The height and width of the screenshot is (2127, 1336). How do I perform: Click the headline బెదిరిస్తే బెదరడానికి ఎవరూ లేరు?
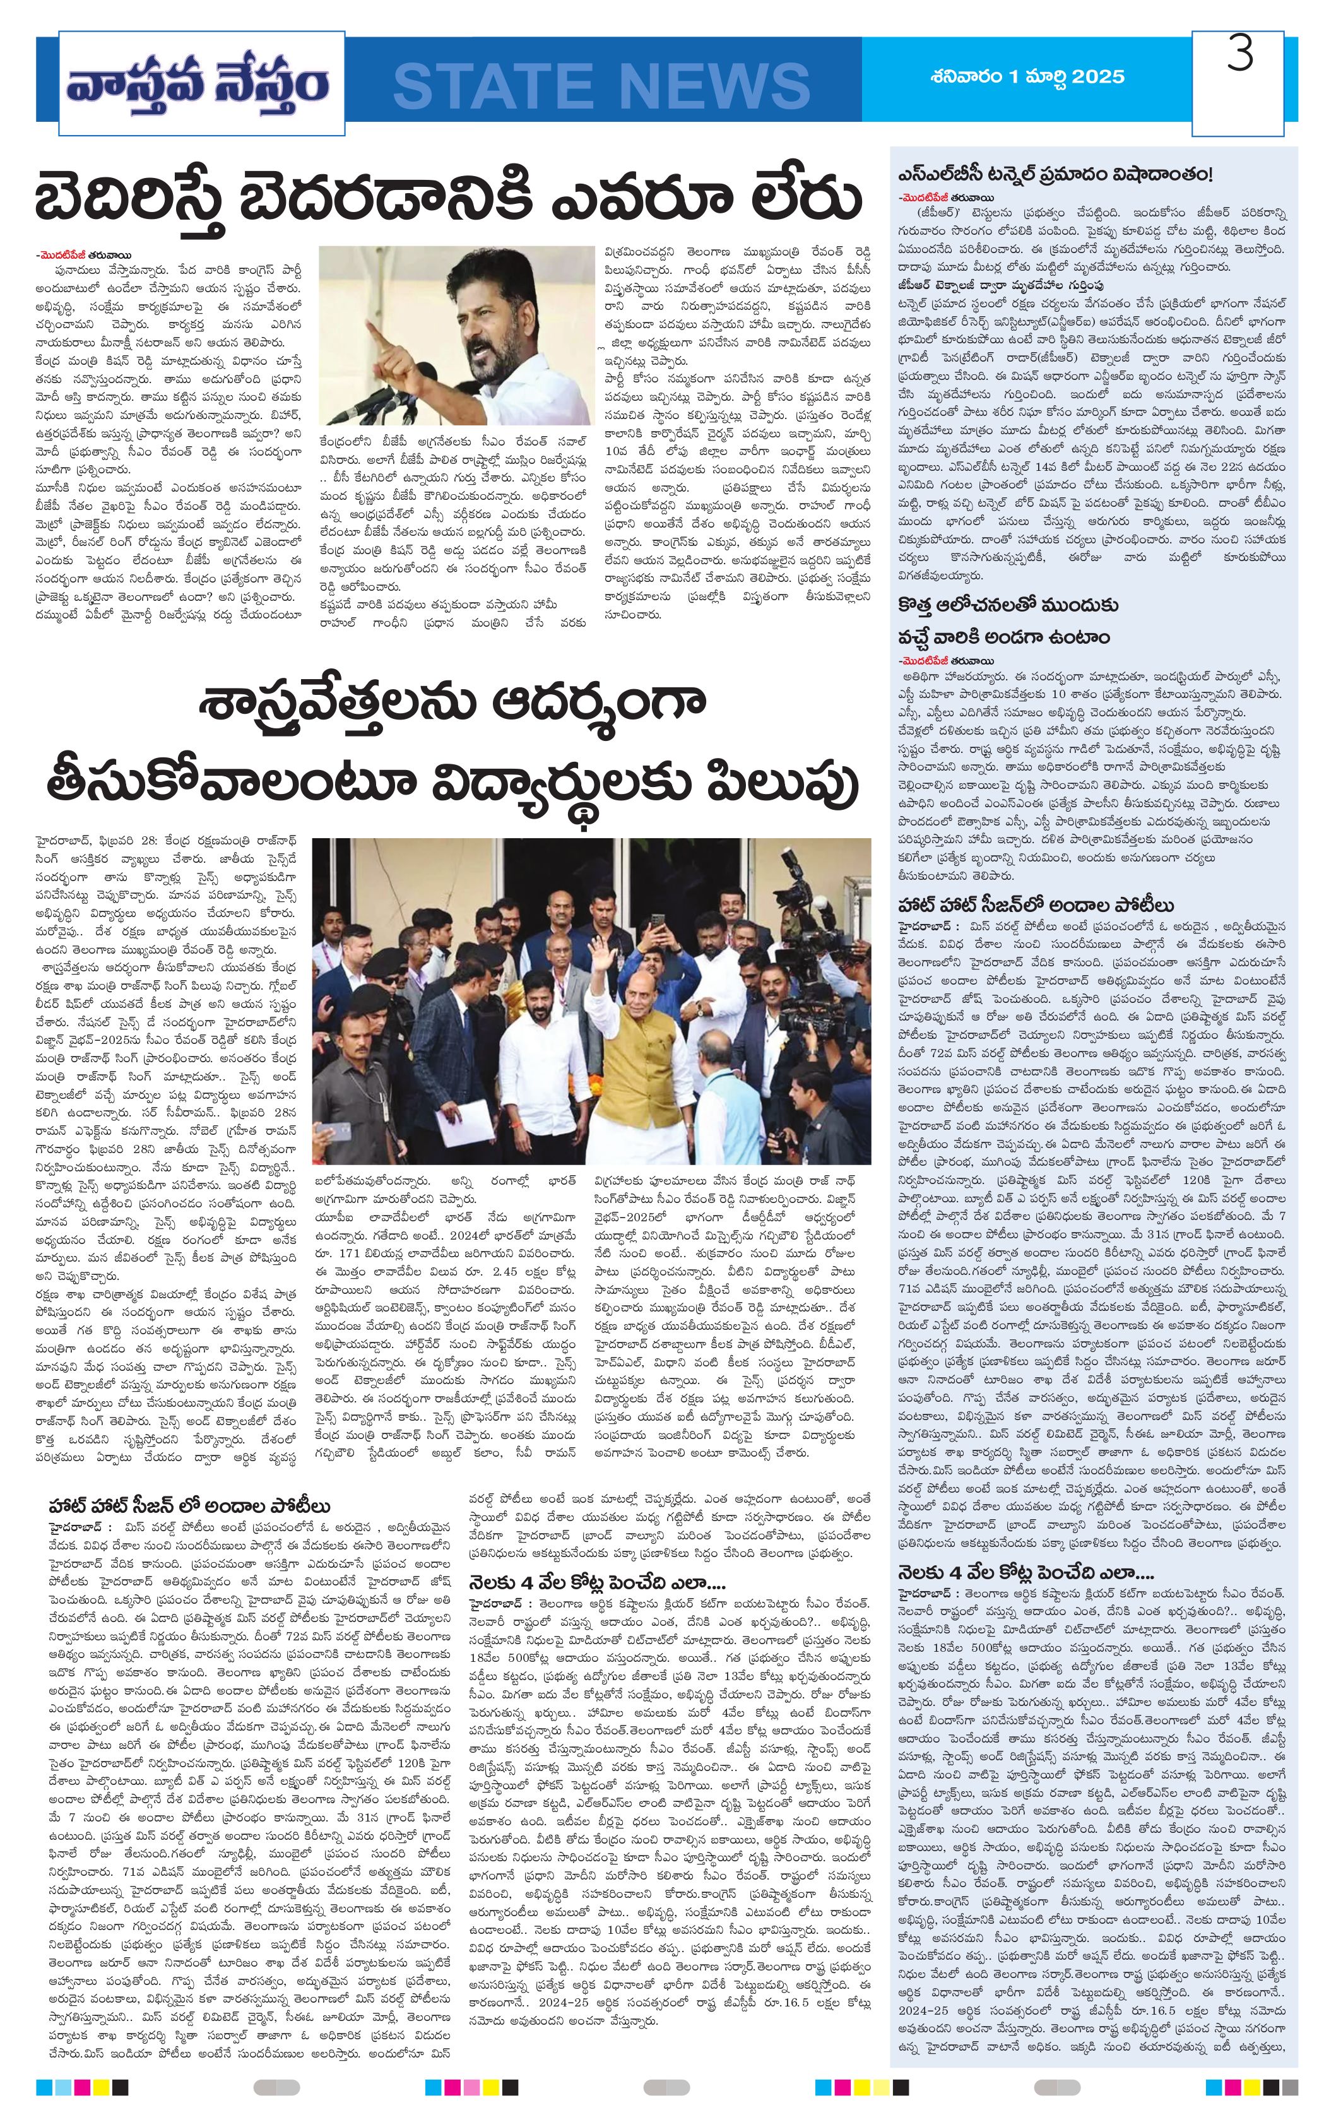pos(446,199)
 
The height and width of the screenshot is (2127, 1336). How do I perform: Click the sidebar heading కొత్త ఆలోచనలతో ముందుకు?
pos(1007,605)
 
